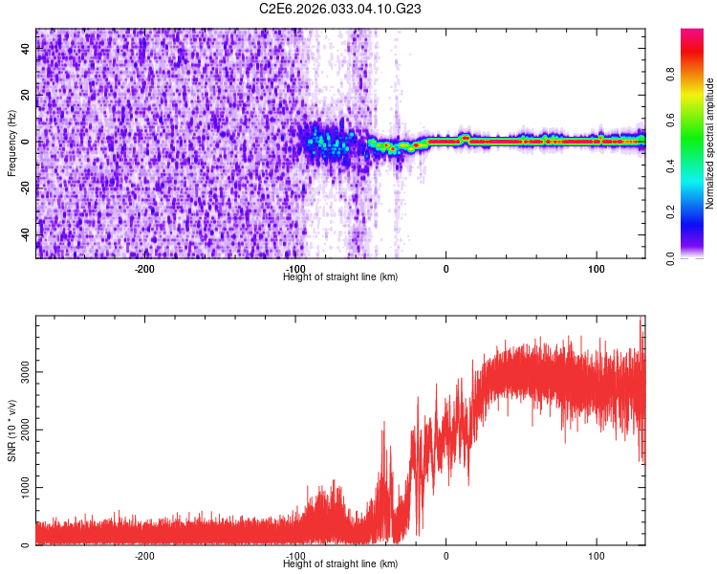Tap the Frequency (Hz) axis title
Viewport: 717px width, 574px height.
click(11, 143)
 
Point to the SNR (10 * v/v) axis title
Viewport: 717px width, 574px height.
click(11, 430)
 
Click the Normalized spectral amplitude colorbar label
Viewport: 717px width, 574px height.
click(709, 143)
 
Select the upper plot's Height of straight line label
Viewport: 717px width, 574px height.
click(340, 276)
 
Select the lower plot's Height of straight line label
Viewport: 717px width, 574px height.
click(340, 563)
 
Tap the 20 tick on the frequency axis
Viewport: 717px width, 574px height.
click(26, 95)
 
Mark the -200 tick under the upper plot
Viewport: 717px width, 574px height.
click(144, 269)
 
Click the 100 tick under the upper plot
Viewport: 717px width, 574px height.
click(597, 269)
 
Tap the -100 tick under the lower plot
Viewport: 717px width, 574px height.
click(295, 555)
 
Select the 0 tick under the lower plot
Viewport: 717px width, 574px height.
click(446, 555)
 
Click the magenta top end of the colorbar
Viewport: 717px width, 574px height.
click(691, 33)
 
